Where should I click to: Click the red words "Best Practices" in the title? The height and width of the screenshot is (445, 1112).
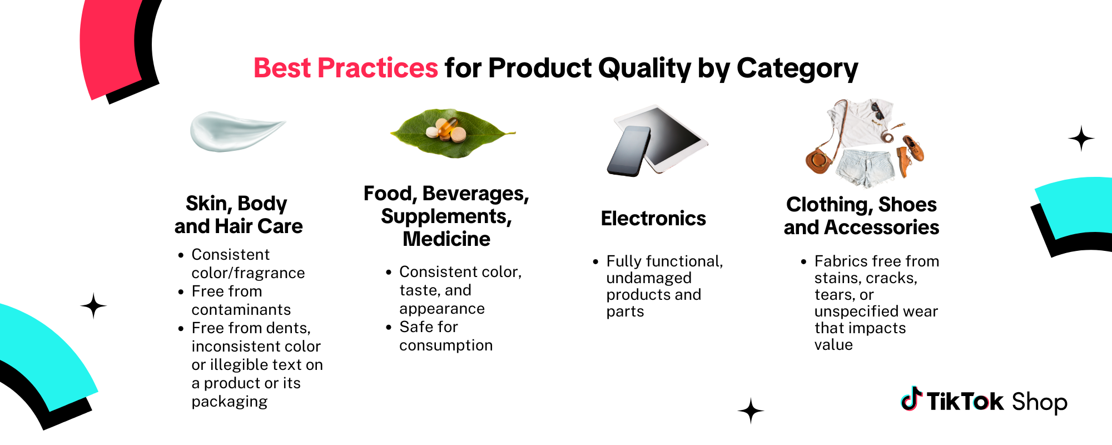[346, 68]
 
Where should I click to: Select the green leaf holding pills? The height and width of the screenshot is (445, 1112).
[453, 133]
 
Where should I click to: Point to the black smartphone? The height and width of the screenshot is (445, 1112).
[629, 151]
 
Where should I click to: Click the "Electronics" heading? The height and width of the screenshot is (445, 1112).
[653, 219]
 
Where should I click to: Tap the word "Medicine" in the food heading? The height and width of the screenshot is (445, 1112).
[446, 239]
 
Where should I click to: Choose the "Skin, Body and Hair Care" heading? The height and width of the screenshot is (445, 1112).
[239, 215]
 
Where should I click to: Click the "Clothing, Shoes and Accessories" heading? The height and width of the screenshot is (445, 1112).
[861, 216]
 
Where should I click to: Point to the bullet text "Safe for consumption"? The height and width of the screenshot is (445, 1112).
[446, 336]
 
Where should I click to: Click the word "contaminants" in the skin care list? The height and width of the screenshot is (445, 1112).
[241, 309]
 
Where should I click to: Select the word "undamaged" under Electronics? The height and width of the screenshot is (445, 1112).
[649, 278]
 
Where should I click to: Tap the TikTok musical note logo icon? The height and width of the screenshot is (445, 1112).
[911, 399]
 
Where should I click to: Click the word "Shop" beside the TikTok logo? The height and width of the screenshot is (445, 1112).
[1039, 403]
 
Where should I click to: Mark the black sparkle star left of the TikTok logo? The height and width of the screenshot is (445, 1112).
[751, 411]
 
